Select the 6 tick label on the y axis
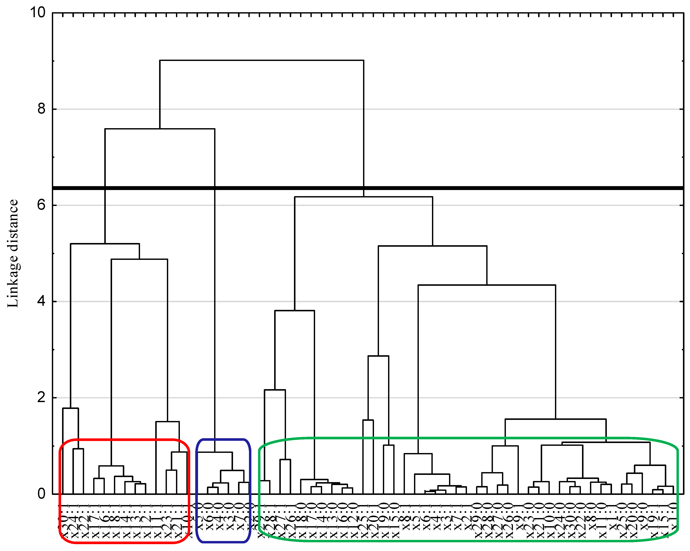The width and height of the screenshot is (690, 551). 42,205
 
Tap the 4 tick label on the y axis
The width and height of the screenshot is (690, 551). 42,301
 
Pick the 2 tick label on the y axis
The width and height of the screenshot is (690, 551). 42,397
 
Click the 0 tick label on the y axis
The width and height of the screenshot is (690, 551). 42,494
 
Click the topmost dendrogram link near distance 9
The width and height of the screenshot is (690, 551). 262,60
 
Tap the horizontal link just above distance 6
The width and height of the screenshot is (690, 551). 364,197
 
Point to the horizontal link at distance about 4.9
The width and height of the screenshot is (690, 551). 139,259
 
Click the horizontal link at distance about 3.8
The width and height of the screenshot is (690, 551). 295,310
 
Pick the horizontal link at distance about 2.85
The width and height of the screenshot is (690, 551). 378,356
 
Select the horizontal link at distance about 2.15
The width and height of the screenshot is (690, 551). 275,390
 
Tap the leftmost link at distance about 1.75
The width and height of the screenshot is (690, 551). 70,408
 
